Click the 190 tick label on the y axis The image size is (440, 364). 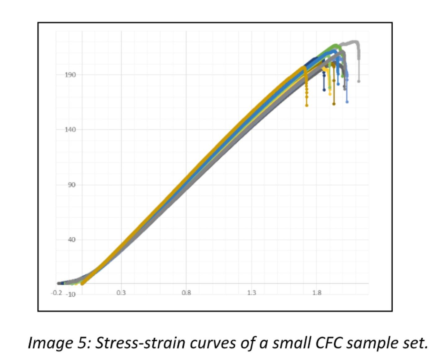click(70, 75)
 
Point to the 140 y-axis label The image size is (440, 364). click(70, 130)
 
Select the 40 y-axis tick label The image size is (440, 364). click(72, 240)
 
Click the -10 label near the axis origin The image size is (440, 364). click(70, 295)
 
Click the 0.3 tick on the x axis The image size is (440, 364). click(121, 293)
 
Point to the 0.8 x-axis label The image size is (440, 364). click(186, 293)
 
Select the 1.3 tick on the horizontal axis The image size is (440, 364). click(252, 293)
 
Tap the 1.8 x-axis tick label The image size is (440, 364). click(317, 293)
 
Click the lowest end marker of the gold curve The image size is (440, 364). click(307, 105)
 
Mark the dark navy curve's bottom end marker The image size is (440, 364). click(324, 90)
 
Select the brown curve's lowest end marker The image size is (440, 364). click(334, 104)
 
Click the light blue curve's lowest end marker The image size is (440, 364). click(347, 102)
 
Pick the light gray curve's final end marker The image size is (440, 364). click(359, 81)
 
